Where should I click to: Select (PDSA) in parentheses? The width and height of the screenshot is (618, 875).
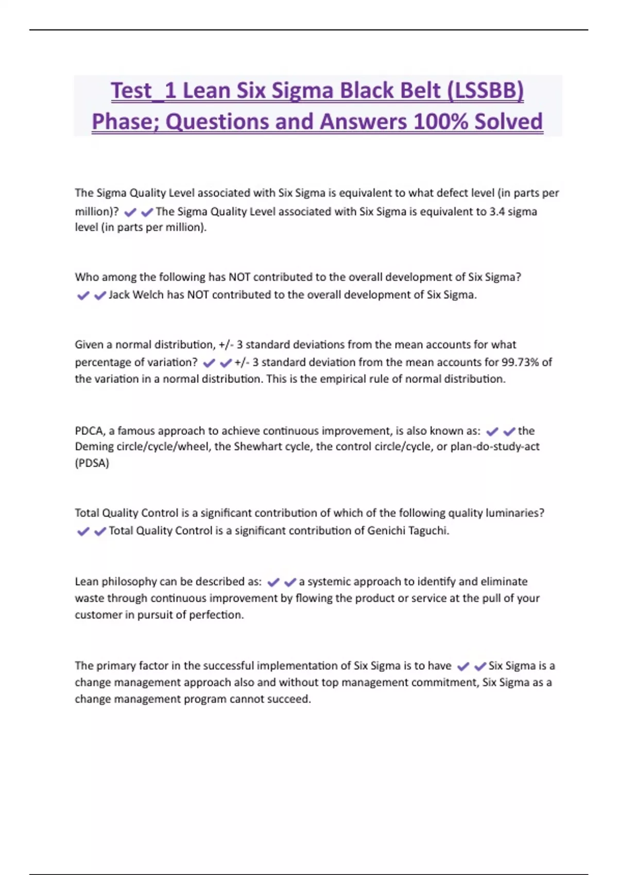[92, 463]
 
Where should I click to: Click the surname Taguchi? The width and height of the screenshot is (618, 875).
[428, 531]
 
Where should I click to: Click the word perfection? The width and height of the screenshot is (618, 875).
[216, 615]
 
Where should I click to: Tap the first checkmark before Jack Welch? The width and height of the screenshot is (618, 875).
[83, 295]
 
